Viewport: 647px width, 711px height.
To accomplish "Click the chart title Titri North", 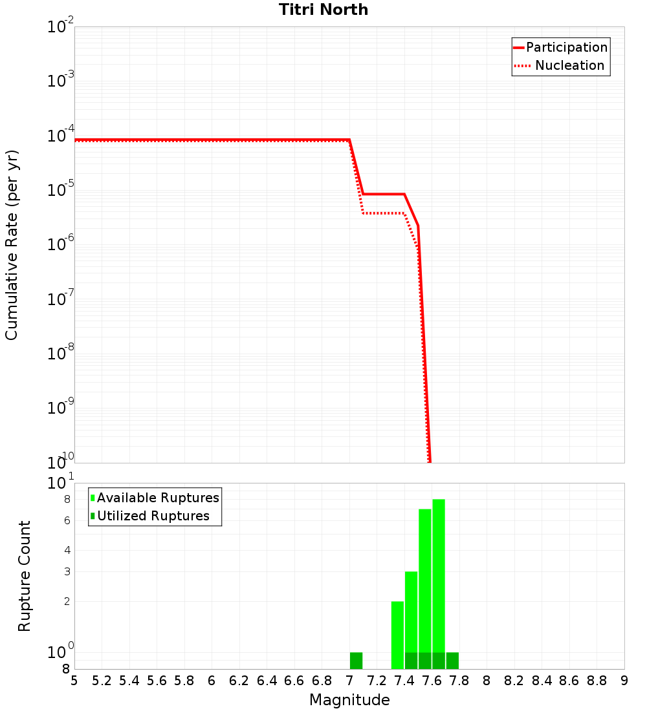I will [323, 10].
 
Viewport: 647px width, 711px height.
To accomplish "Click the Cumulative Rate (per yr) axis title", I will [12, 244].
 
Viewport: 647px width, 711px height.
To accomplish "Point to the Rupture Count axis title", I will [25, 576].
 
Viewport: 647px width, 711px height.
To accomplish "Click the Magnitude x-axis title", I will [349, 700].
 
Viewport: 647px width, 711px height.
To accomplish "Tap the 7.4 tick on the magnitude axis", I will [404, 681].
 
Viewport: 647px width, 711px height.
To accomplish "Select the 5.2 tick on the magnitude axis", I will [102, 681].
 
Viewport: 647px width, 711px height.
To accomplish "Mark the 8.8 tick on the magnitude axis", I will [597, 681].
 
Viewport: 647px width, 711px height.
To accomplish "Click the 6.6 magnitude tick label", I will [294, 681].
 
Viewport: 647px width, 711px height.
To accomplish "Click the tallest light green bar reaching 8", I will [439, 575].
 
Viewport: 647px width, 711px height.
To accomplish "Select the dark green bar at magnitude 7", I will [356, 661].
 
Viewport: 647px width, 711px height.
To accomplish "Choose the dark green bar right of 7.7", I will [452, 661].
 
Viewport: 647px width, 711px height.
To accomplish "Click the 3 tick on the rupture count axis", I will [67, 571].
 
